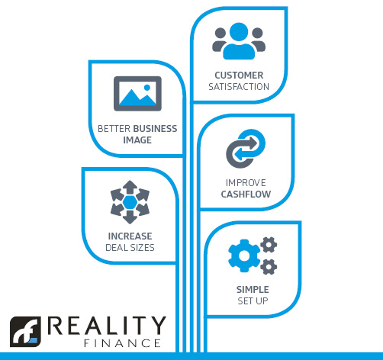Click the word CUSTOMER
tap(239, 76)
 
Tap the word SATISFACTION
tap(239, 87)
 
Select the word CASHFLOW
tap(246, 194)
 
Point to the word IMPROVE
tap(246, 183)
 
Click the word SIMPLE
tap(253, 290)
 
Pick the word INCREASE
tap(130, 236)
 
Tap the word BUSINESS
tap(155, 129)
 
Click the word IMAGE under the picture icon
tap(137, 140)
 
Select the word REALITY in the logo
tap(107, 326)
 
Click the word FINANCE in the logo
tap(122, 343)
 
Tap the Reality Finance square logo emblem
tap(25, 332)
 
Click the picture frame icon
tap(137, 94)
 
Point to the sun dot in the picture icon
tap(147, 88)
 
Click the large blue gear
tap(244, 256)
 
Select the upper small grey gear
tap(269, 245)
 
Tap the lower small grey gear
tap(269, 267)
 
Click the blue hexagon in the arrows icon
tap(130, 202)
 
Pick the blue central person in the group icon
tap(239, 41)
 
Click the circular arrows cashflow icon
tap(246, 149)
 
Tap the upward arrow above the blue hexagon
tap(130, 187)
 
